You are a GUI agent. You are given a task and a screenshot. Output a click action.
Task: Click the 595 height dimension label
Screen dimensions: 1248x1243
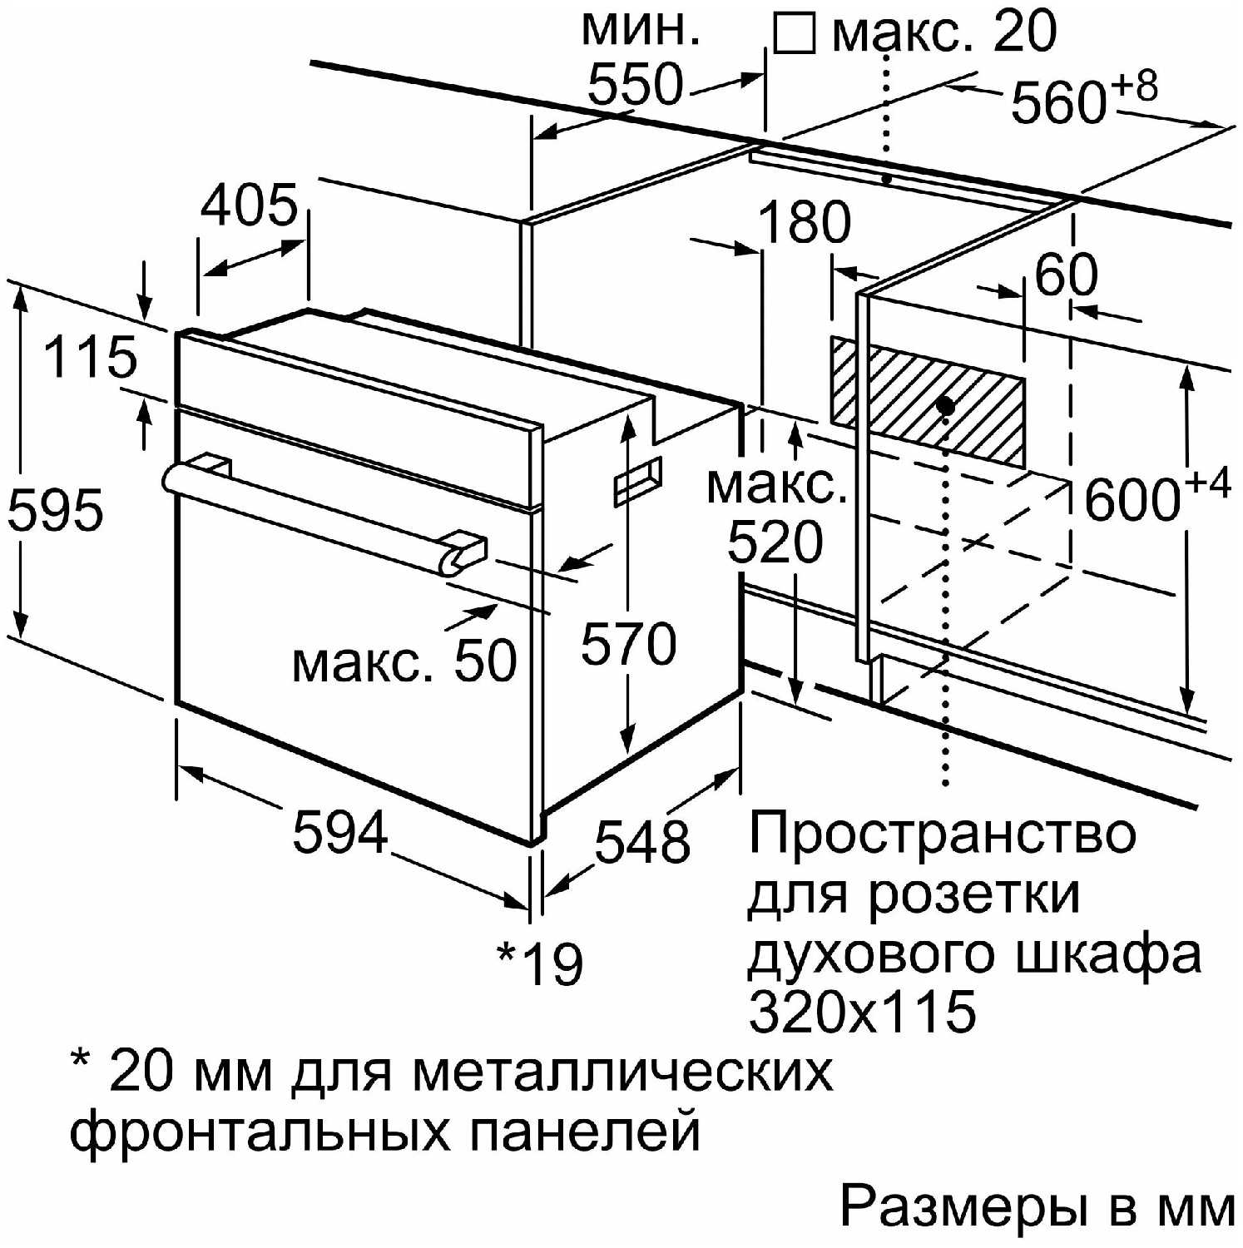[55, 509]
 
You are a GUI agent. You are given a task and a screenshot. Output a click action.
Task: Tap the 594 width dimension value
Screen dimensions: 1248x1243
[340, 831]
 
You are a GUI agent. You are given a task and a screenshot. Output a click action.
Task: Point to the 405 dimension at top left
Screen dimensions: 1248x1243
[249, 205]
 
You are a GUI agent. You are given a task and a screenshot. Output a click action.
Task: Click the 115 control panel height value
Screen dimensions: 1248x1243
[90, 357]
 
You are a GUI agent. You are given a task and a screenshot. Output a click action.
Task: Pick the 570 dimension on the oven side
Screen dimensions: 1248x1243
[629, 643]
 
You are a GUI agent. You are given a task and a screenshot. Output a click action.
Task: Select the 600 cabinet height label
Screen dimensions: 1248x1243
[1132, 500]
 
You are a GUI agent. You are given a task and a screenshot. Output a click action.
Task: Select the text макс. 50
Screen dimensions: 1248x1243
[404, 661]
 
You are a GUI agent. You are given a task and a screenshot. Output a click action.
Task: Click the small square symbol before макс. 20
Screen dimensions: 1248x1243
[794, 33]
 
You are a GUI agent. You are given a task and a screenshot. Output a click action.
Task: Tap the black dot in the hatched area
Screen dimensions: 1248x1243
[944, 405]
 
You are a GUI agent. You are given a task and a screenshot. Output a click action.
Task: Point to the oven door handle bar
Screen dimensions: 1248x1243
[316, 513]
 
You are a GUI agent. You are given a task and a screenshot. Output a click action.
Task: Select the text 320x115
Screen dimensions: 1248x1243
[862, 1012]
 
